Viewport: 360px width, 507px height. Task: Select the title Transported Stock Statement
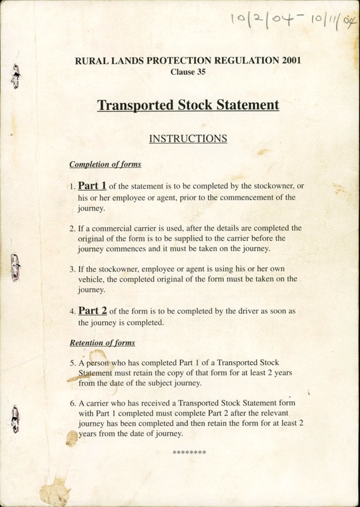coord(188,105)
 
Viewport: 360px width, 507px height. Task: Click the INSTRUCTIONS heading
coord(188,138)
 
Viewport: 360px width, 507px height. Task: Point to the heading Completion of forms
coord(105,165)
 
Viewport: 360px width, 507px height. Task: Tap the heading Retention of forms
coord(102,343)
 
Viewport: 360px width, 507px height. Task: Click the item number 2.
coord(72,227)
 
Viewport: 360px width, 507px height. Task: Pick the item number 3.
coord(72,268)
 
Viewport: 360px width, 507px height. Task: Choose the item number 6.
coord(72,402)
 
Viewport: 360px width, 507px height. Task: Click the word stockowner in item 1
coord(273,186)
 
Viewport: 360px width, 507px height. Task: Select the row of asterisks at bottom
coord(189,452)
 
